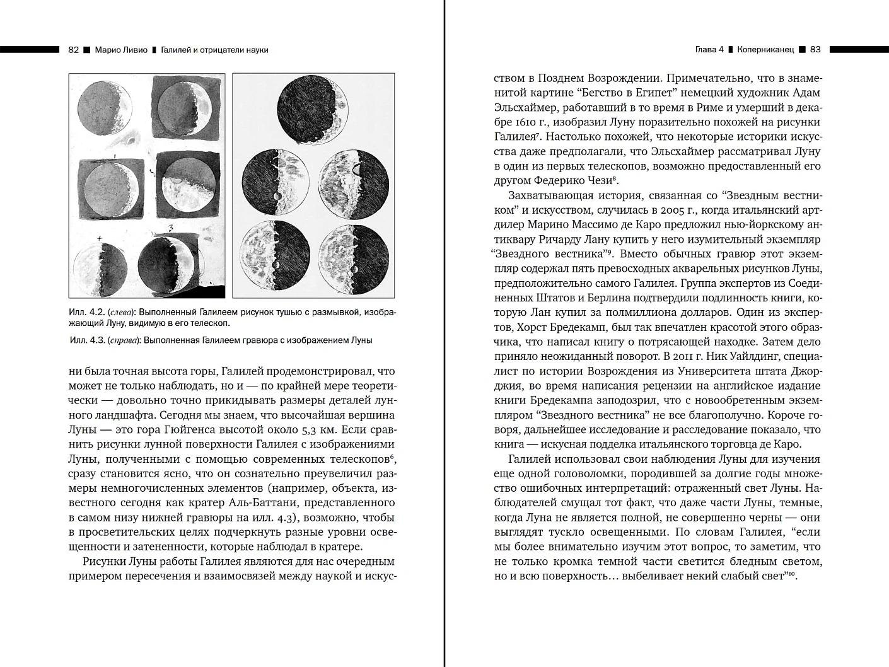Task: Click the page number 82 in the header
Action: [73, 50]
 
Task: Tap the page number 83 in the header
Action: [815, 49]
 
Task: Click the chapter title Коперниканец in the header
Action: [765, 49]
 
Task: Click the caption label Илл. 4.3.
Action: [86, 340]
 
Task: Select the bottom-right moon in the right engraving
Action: [354, 258]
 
